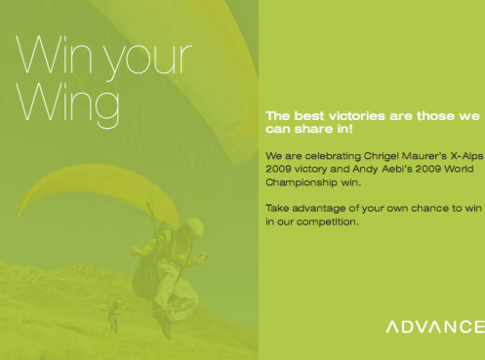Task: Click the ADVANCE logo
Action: [x=434, y=326]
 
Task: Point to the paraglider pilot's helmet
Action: [x=195, y=226]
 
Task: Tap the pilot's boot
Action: [x=163, y=328]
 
